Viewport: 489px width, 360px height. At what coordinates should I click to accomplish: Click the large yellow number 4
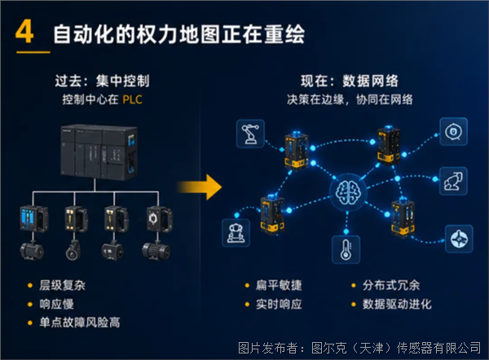coord(24,32)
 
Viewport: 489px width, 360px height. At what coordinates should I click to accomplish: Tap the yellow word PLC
coord(133,99)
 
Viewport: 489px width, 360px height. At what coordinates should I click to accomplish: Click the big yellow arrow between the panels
coord(200,187)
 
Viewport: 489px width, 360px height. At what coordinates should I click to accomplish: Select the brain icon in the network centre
coord(348,193)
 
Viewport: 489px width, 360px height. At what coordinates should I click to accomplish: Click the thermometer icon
coord(346,249)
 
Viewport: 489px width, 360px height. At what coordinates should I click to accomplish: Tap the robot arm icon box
coord(250,134)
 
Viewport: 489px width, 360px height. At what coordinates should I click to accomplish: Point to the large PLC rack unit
coord(99,152)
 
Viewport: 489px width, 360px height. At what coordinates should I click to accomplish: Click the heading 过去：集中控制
coord(103,81)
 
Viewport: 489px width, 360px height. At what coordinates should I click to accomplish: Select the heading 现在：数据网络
coord(350,81)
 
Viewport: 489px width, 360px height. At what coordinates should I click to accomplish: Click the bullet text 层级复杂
coord(63,285)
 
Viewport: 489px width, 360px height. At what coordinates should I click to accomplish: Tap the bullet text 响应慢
coord(56,304)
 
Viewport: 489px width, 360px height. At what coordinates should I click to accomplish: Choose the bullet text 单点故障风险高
coord(80,323)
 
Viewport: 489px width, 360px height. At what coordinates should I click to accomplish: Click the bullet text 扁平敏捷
coord(279,285)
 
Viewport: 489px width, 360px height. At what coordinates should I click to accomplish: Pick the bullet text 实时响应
coord(279,304)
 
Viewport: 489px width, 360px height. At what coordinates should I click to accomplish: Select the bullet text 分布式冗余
coord(391,285)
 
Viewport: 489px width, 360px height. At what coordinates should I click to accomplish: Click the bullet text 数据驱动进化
coord(397,304)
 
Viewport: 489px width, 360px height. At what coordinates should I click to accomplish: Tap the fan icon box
coord(459,239)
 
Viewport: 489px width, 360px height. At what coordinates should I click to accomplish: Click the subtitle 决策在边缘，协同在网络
coord(350,99)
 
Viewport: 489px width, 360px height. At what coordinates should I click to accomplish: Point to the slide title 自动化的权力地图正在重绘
coord(179,34)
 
